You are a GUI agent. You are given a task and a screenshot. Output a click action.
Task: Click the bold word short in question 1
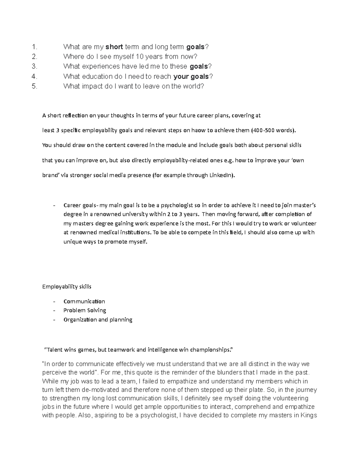tap(114, 47)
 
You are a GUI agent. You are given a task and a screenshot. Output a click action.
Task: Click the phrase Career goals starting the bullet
tap(80, 206)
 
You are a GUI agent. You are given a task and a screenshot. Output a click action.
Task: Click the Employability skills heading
tap(67, 287)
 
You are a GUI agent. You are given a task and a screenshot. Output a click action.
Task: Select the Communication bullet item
tap(84, 302)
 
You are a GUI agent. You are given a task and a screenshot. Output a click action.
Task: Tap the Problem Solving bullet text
tap(85, 310)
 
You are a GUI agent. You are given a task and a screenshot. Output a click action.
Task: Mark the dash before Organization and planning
tap(54, 320)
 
